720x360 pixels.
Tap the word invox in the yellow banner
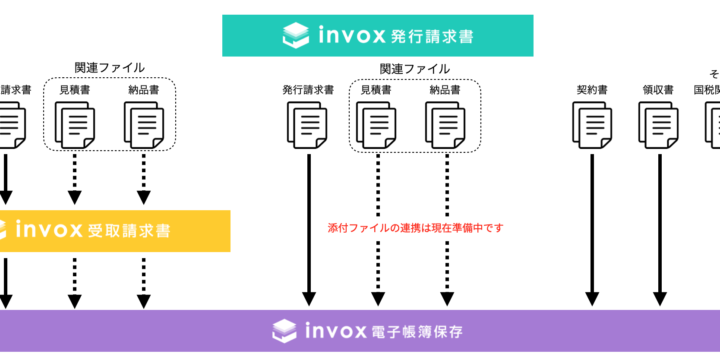48,230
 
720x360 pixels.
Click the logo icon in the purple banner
286,329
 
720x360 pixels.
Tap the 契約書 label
592,89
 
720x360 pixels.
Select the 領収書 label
658,89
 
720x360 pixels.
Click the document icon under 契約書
592,125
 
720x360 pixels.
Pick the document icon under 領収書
658,125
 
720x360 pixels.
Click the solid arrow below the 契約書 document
592,230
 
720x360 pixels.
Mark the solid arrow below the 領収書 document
658,230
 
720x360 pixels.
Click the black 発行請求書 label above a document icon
308,89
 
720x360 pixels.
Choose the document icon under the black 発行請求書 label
308,125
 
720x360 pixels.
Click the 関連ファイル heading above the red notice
414,69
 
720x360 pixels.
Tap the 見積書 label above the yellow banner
76,89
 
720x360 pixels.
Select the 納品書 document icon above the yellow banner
142,125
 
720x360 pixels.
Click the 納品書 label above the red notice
445,89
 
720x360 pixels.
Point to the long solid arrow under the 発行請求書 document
308,230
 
